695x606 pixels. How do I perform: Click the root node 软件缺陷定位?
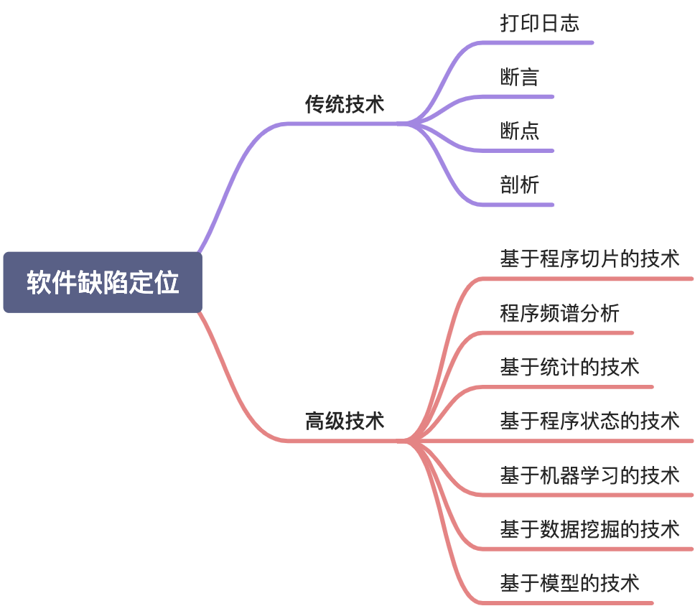103,282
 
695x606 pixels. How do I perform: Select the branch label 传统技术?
345,105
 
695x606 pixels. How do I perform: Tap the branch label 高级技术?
345,421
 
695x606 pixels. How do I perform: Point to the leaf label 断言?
519,77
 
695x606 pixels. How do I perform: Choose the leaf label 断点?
519,131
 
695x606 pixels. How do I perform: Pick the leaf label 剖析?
519,185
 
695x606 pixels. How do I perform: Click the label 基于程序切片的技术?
589,258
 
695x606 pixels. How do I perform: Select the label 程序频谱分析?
559,313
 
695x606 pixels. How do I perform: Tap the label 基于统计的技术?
569,367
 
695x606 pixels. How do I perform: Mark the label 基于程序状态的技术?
589,421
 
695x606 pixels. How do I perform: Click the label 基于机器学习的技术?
589,475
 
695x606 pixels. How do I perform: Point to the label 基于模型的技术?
569,583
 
